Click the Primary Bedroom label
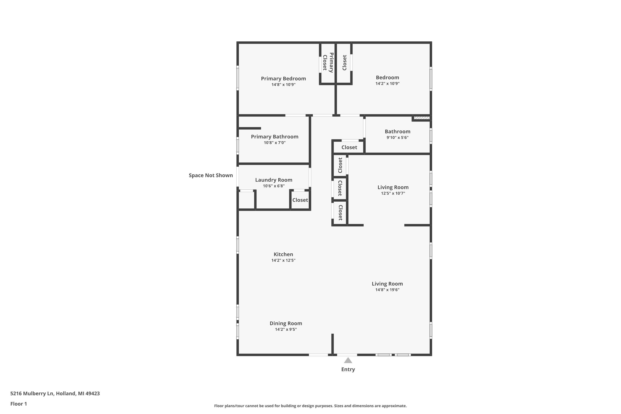pos(283,78)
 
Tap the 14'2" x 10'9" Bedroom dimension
pos(387,83)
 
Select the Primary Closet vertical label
pos(328,63)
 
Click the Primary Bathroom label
pos(275,136)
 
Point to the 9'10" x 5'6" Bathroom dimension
pos(397,137)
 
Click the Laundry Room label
pos(273,180)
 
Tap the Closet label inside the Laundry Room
pos(300,200)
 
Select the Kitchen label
pos(283,254)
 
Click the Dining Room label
pos(286,323)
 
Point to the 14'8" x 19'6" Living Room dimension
pos(387,290)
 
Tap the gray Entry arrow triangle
pos(348,360)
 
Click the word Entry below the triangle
pos(348,369)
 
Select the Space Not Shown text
pos(211,175)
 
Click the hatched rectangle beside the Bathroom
pos(421,118)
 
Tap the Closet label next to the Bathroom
pos(349,147)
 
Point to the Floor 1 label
pos(18,404)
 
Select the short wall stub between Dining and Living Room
pos(333,344)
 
